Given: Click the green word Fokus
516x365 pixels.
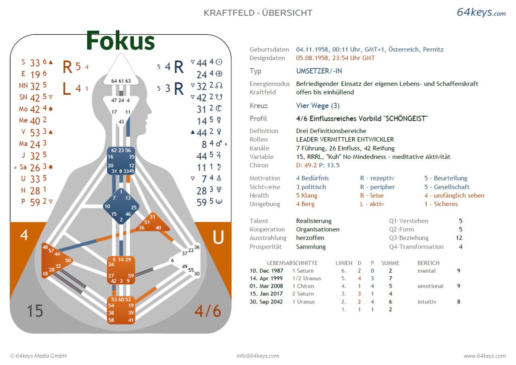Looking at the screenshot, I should coord(120,40).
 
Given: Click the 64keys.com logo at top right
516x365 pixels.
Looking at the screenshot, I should coord(481,13).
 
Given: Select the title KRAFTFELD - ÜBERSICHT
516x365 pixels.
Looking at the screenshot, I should coord(258,13).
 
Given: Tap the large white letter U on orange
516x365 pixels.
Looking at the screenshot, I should coord(218,237).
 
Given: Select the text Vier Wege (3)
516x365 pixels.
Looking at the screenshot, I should coord(317,106).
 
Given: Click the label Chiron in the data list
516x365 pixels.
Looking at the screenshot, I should coord(259,165).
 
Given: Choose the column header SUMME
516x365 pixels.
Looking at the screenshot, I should coord(390,263).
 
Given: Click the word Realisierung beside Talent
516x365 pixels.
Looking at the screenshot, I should coord(313,221).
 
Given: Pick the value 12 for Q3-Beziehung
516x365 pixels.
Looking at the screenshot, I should coord(459,238).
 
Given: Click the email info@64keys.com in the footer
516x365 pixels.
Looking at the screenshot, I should coord(258,356).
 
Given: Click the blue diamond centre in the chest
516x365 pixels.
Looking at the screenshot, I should coord(120,206).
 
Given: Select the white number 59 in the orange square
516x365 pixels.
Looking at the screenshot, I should coord(131,276).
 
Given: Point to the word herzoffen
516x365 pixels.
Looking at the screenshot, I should coord(310,238).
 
